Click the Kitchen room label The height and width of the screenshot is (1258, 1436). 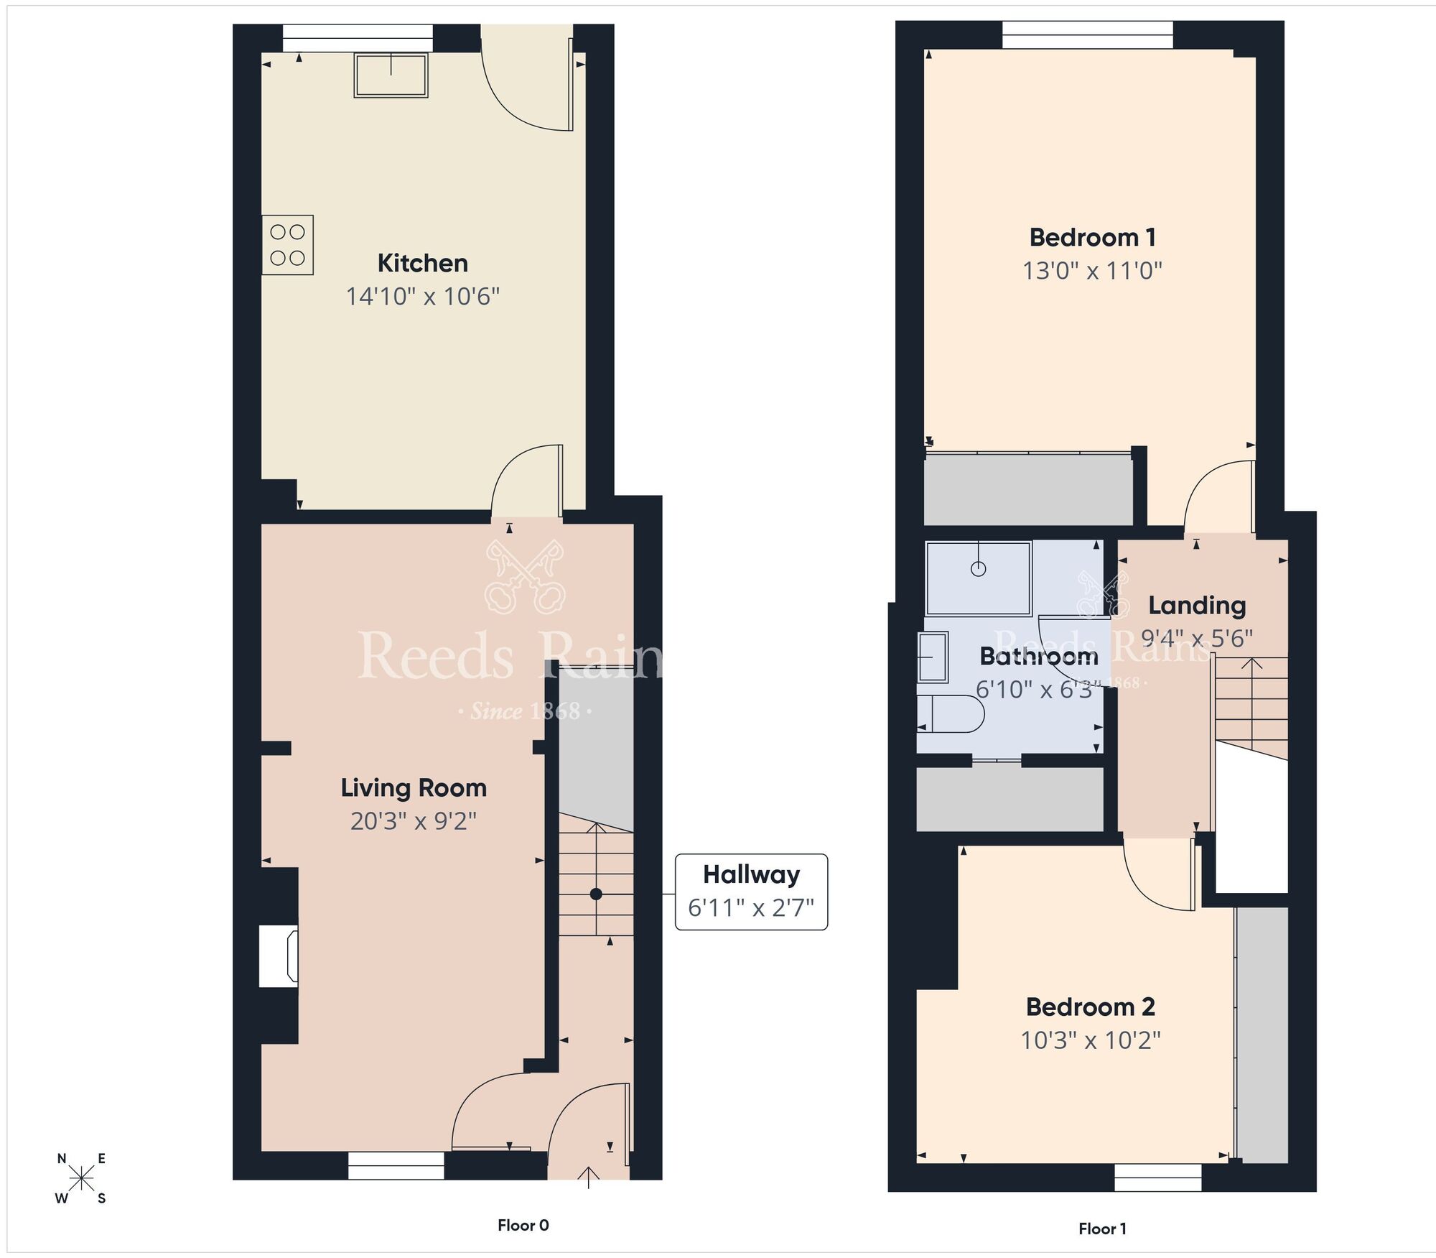point(422,263)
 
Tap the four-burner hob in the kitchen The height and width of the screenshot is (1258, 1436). point(287,245)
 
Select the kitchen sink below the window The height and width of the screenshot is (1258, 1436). point(391,75)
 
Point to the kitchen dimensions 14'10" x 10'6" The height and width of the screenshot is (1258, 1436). point(422,296)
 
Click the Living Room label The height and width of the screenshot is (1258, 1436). point(414,787)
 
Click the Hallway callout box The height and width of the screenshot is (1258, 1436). point(751,892)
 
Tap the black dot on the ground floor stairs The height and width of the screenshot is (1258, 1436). point(596,894)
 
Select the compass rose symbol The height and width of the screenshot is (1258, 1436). point(82,1178)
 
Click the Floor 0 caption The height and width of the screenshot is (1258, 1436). point(523,1225)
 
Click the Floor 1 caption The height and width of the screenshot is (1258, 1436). point(1102,1229)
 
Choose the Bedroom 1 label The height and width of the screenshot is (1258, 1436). point(1092,237)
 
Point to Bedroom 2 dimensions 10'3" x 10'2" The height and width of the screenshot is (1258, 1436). point(1091,1040)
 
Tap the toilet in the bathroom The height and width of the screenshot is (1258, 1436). point(951,713)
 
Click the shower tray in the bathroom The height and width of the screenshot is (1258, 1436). point(978,578)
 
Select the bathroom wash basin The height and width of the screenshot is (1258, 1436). point(933,656)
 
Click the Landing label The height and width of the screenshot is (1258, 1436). point(1197,605)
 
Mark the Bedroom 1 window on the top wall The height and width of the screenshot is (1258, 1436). point(1087,34)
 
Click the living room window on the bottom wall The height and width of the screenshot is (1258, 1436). point(396,1165)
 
